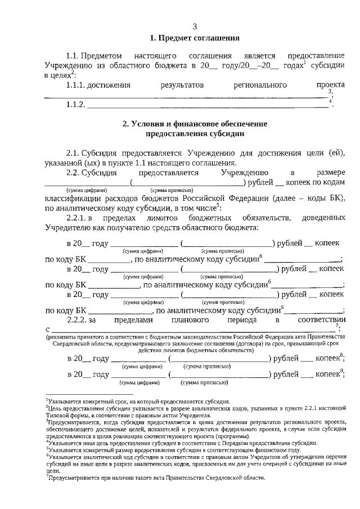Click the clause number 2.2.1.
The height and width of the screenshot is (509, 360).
(79, 218)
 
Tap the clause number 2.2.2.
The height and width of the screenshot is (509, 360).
(79, 319)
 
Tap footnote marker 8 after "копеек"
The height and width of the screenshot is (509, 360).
(341, 354)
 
